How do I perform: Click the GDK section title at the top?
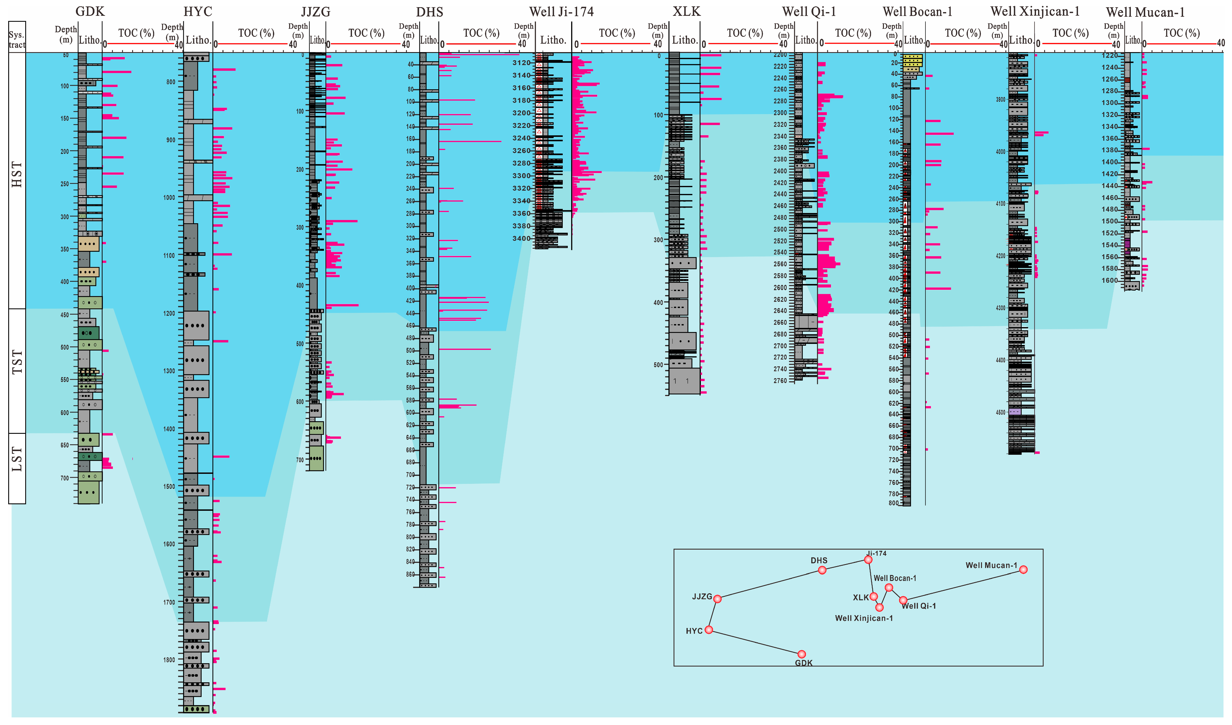click(90, 11)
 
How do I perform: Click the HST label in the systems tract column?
click(17, 174)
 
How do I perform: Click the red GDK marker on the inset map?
click(801, 654)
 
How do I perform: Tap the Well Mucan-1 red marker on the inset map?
click(1023, 569)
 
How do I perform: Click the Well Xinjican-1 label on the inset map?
click(864, 618)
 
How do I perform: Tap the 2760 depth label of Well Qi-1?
click(780, 380)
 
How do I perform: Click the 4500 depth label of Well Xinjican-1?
click(1000, 412)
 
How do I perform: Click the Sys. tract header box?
click(17, 37)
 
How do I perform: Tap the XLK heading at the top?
click(686, 11)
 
